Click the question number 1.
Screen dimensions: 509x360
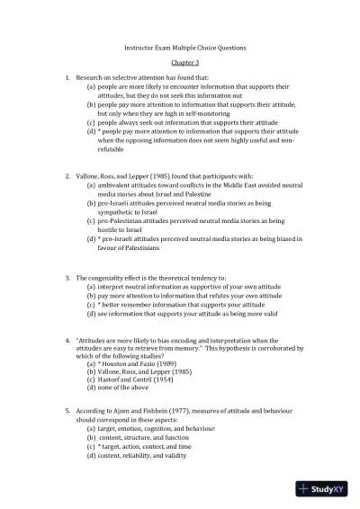point(67,79)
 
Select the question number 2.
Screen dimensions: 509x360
point(67,176)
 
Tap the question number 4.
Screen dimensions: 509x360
point(67,343)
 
